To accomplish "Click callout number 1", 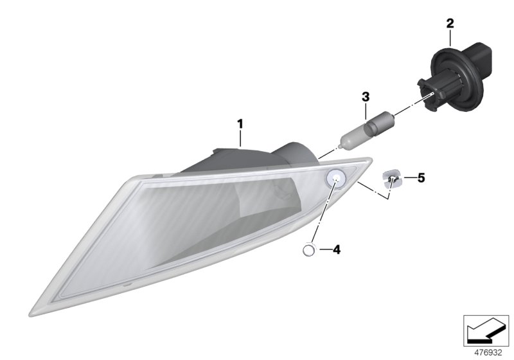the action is click(x=240, y=124).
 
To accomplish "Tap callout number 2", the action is click(x=450, y=23).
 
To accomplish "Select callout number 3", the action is click(x=366, y=96).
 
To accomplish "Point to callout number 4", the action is click(x=336, y=250).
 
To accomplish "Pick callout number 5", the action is click(x=421, y=178).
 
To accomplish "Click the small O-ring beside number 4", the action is click(x=308, y=250).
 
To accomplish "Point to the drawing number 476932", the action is click(x=488, y=353).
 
